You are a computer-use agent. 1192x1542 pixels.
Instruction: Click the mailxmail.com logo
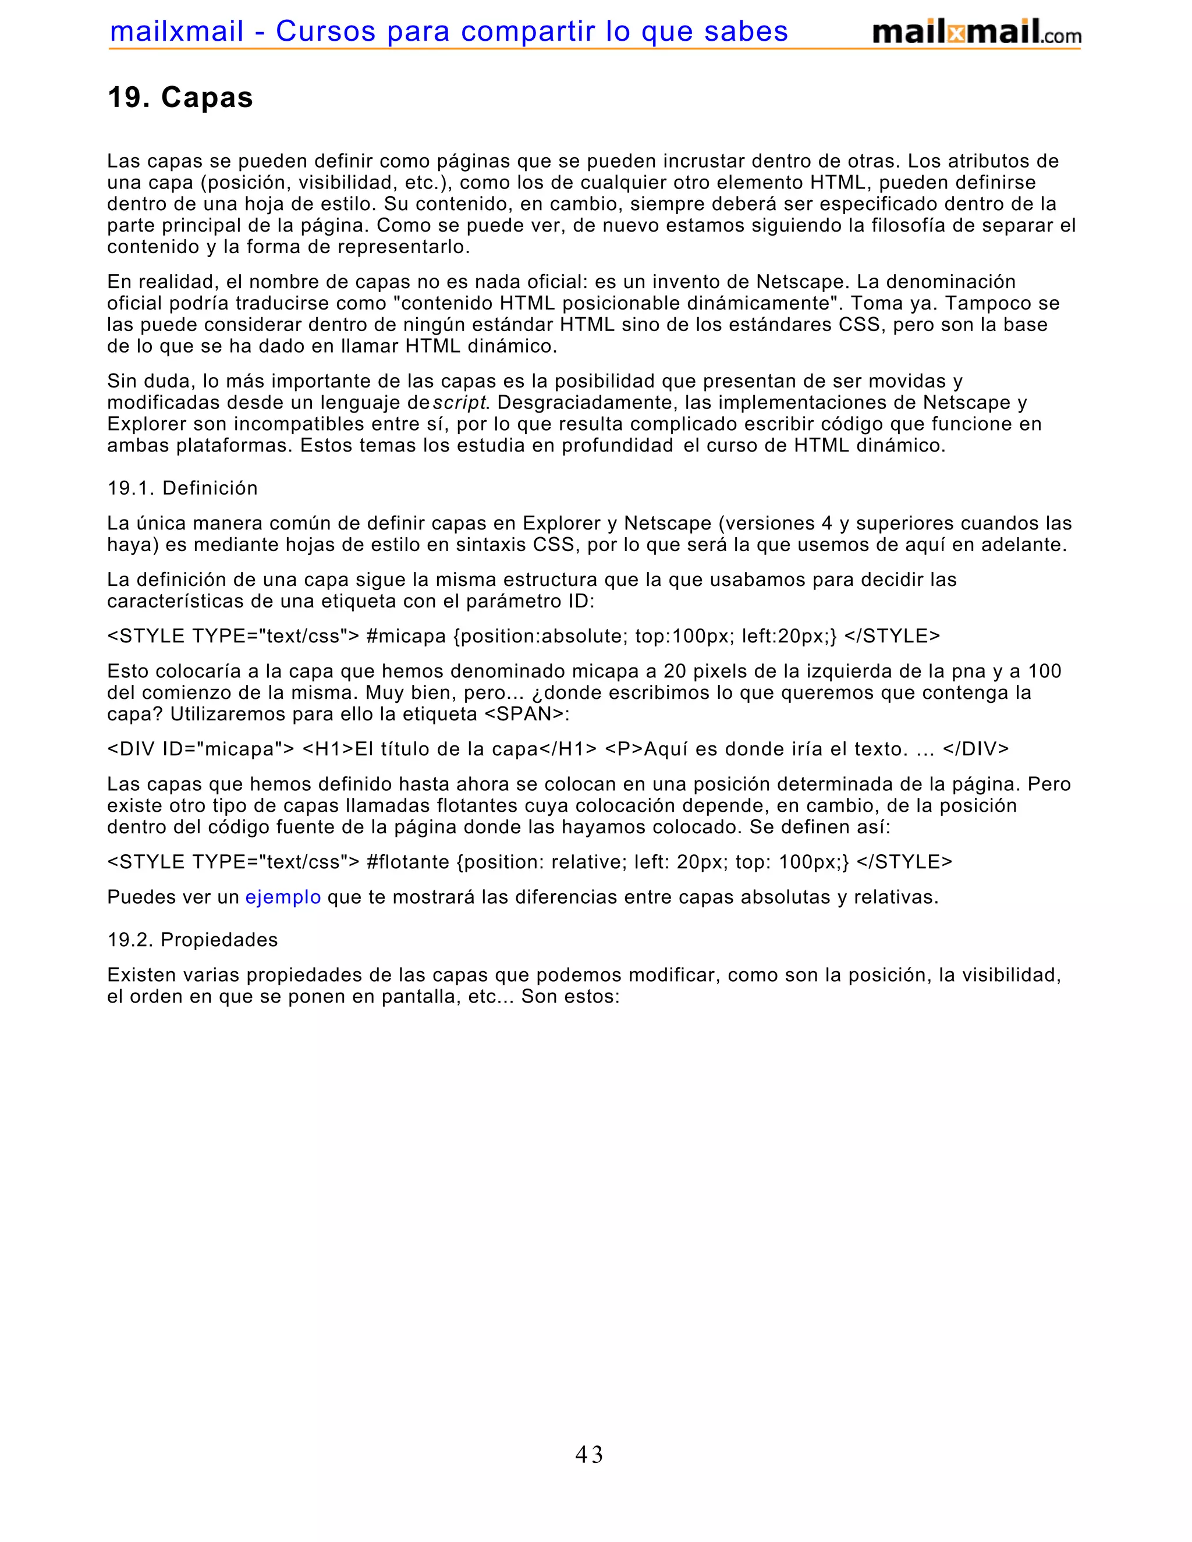click(976, 33)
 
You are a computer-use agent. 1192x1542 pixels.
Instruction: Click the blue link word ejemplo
click(283, 897)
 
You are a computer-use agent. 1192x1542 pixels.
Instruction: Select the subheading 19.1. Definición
click(182, 488)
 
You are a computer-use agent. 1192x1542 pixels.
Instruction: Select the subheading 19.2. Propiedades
click(192, 940)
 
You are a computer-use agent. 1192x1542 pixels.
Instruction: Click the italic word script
click(459, 403)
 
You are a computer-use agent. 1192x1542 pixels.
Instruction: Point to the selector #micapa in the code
click(406, 636)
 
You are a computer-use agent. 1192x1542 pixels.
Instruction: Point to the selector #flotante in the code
click(408, 862)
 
